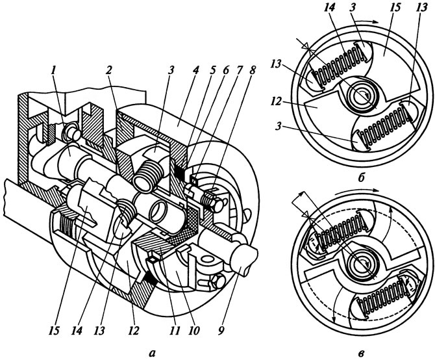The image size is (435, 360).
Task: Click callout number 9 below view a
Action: [221, 330]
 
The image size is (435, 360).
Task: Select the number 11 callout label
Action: [175, 330]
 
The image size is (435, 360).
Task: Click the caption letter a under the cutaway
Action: [151, 353]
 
